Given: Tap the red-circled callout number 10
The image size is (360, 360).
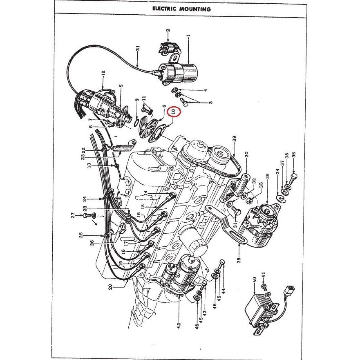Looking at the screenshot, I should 173,111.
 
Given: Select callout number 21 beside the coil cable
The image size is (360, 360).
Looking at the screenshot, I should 138,52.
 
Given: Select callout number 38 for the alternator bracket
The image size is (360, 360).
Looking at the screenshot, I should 238,258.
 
